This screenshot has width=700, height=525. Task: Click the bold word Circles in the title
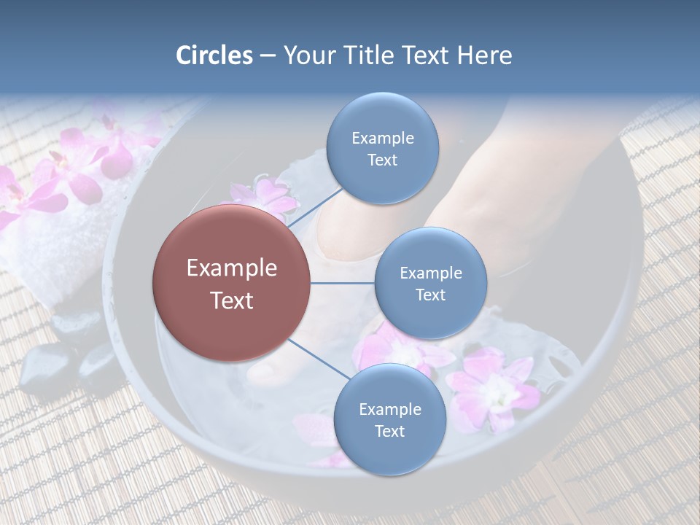click(214, 55)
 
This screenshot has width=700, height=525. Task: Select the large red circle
click(231, 283)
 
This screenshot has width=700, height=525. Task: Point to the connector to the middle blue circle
click(343, 283)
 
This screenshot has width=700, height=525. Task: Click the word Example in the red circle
click(231, 268)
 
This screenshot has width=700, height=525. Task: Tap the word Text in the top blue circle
click(382, 160)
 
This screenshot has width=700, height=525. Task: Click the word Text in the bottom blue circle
click(389, 431)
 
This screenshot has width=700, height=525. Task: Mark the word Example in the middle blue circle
click(430, 273)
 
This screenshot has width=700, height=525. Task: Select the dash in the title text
click(268, 56)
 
